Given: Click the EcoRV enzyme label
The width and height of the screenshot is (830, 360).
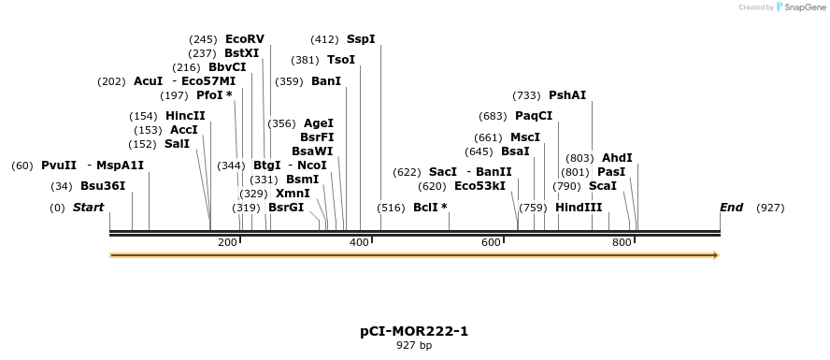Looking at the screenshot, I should [245, 39].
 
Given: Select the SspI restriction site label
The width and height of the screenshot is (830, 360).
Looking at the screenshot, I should [361, 39].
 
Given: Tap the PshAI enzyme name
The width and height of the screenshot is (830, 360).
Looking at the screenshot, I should [567, 95].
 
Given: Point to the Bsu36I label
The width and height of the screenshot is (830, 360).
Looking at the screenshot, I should [103, 186].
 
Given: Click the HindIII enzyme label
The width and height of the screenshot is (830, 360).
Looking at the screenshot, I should [579, 207].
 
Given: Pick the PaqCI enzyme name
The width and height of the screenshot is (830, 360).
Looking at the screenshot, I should [534, 116].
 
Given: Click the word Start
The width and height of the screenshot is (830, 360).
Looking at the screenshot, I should [88, 207].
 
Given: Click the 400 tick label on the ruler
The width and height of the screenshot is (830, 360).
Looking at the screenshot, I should [360, 243].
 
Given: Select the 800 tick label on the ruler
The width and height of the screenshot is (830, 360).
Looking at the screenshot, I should [622, 243].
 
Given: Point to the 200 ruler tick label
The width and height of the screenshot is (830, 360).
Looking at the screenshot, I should [228, 243].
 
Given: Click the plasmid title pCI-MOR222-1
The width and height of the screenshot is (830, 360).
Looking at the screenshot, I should [414, 331].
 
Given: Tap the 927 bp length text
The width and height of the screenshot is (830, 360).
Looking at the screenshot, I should [414, 346].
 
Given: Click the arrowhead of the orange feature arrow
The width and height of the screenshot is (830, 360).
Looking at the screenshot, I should [715, 254].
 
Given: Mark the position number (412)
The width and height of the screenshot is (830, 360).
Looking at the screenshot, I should [324, 39].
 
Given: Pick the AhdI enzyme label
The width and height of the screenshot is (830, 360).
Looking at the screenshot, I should [617, 158].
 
